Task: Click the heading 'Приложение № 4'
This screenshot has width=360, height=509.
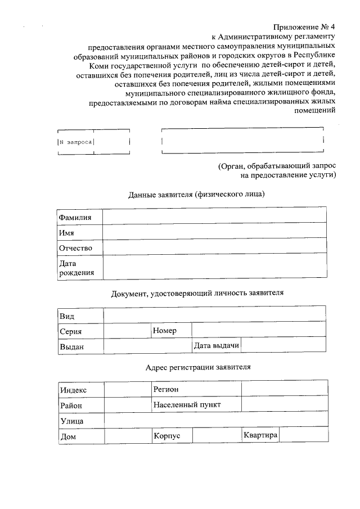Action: pos(304,26)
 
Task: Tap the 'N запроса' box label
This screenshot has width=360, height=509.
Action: pos(75,142)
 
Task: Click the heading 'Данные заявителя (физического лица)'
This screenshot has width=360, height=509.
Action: pos(196,195)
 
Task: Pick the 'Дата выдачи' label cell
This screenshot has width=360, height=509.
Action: pos(216,345)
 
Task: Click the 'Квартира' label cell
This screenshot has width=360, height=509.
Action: pos(260,435)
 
